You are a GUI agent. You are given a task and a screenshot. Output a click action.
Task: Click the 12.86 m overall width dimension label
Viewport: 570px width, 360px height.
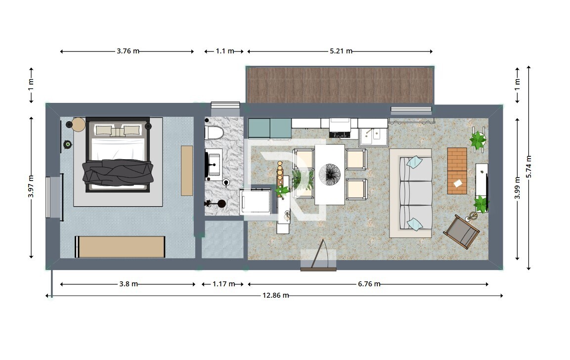pos(275,295)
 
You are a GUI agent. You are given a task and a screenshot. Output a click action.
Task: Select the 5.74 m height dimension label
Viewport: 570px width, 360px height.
pos(529,167)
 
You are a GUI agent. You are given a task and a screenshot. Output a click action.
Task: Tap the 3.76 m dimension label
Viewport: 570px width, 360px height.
pos(128,51)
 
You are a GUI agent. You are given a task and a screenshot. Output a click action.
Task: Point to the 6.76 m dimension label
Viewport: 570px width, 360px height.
pos(369,284)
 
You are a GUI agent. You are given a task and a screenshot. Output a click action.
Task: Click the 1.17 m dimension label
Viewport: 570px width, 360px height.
pos(223,284)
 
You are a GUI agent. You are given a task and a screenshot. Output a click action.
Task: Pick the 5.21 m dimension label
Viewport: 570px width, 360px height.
pos(341,51)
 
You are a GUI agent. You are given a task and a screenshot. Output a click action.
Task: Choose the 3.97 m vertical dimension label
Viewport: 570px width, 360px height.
pos(31,186)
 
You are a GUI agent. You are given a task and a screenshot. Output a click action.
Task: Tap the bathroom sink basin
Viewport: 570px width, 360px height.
pos(214,164)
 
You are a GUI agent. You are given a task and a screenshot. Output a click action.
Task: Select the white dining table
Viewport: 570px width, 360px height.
pos(330,175)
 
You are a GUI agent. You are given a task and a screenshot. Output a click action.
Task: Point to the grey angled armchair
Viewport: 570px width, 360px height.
pos(461,231)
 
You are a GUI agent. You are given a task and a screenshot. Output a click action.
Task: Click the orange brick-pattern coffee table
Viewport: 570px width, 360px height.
pos(457,171)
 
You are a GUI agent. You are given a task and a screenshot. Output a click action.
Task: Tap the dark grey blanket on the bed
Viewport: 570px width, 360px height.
pos(118,172)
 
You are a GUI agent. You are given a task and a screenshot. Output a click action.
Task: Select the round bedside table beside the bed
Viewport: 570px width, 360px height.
pos(78,125)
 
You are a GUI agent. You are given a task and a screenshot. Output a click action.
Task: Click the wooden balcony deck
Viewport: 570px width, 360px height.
pos(340,85)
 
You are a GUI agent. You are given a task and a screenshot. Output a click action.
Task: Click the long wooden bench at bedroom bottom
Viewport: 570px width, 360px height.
pos(120,247)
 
